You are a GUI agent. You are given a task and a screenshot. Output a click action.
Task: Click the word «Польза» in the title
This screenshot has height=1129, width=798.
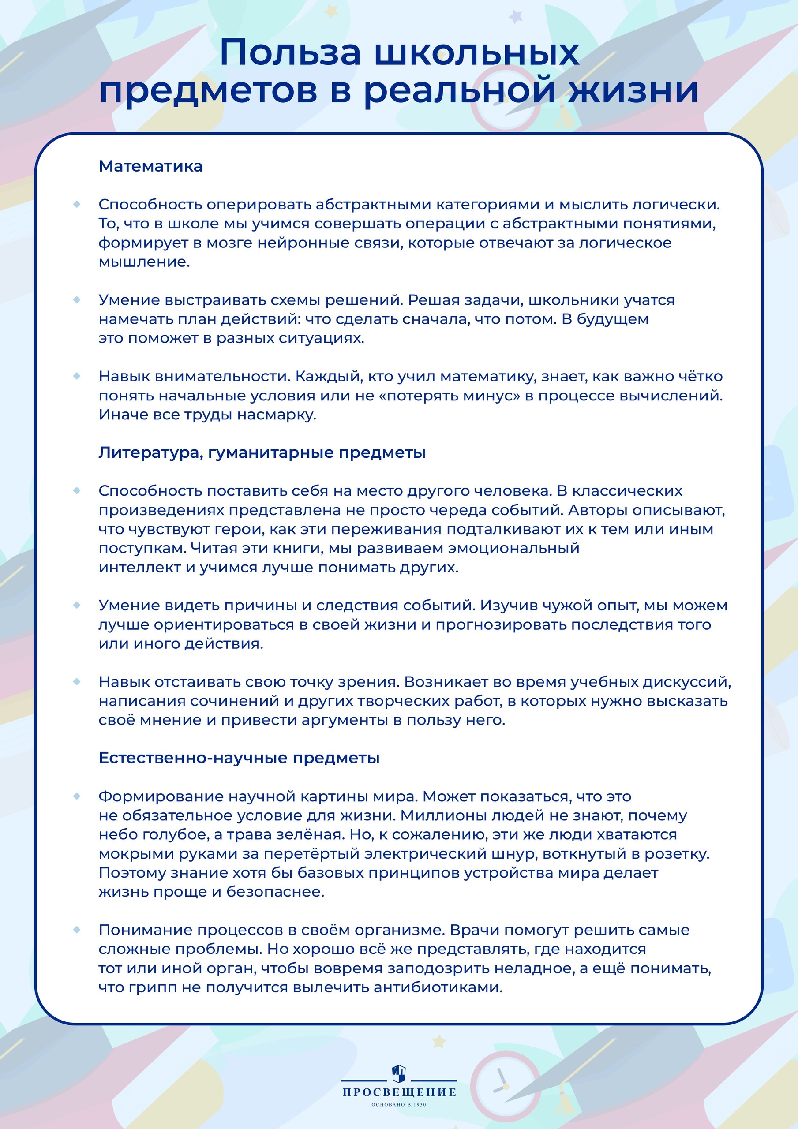pyautogui.click(x=290, y=52)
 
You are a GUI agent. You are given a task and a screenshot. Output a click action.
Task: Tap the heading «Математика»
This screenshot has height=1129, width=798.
pyautogui.click(x=150, y=166)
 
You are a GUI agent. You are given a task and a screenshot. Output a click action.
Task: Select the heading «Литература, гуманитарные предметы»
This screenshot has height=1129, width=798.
pyautogui.click(x=262, y=452)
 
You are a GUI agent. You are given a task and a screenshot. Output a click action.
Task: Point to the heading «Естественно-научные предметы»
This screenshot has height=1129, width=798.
pyautogui.click(x=239, y=758)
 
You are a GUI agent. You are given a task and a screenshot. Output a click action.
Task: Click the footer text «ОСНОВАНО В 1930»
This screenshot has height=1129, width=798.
pyautogui.click(x=399, y=1104)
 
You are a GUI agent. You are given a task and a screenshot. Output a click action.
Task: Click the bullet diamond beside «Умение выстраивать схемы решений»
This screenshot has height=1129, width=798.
pyautogui.click(x=77, y=299)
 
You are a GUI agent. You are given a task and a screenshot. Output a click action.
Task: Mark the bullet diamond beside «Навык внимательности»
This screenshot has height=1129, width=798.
pyautogui.click(x=77, y=376)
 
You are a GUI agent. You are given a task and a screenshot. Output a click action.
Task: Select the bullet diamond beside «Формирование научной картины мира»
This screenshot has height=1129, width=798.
pyautogui.click(x=77, y=796)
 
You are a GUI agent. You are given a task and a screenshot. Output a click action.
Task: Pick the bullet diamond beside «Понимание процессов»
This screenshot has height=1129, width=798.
pyautogui.click(x=77, y=929)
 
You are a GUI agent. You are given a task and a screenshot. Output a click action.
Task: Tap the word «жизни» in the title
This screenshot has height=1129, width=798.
pyautogui.click(x=633, y=90)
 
